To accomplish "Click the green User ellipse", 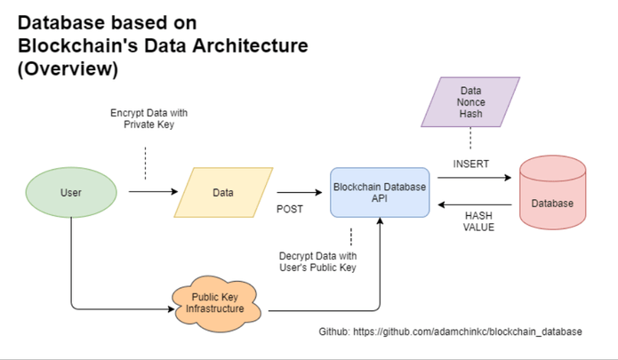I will (71, 192).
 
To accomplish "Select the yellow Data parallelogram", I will (224, 192).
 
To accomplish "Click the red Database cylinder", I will (552, 193).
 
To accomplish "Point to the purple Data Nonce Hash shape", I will (471, 104).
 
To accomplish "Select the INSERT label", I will (471, 164).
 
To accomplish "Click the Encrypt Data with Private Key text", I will (149, 120).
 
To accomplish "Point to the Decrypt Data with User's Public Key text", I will (317, 262).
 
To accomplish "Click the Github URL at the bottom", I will (451, 332).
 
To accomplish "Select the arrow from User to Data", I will (152, 192).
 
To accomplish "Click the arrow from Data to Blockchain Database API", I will (299, 192).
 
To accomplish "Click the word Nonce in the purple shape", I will (471, 104).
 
